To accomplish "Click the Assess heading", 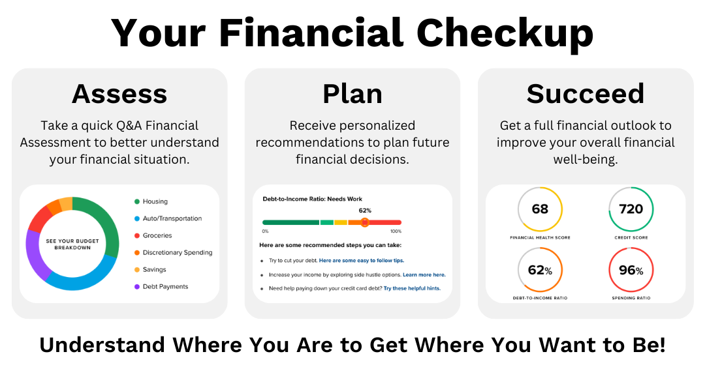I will pyautogui.click(x=119, y=94).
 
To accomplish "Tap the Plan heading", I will pyautogui.click(x=352, y=94).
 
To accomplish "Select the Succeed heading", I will pyautogui.click(x=586, y=94).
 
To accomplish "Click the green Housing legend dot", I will pyautogui.click(x=137, y=202).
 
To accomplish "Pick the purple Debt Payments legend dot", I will pyautogui.click(x=137, y=287).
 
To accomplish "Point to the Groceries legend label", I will pyautogui.click(x=157, y=236).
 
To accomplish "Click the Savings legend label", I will pyautogui.click(x=154, y=270).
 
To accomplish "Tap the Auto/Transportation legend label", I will pyautogui.click(x=172, y=219).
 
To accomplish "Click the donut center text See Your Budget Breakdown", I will pyautogui.click(x=72, y=244).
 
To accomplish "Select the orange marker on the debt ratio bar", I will pyautogui.click(x=365, y=222).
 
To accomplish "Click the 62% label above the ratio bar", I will pyautogui.click(x=365, y=211).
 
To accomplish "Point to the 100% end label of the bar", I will pyautogui.click(x=396, y=231).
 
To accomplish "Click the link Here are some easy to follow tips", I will pyautogui.click(x=362, y=261).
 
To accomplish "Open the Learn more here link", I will pyautogui.click(x=424, y=275).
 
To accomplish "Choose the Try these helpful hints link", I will pyautogui.click(x=412, y=288).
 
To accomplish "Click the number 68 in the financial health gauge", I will pyautogui.click(x=540, y=209).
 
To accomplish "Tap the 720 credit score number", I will pyautogui.click(x=631, y=209).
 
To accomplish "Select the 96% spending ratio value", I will pyautogui.click(x=631, y=270).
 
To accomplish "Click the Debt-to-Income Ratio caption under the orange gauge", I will pyautogui.click(x=540, y=298).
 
